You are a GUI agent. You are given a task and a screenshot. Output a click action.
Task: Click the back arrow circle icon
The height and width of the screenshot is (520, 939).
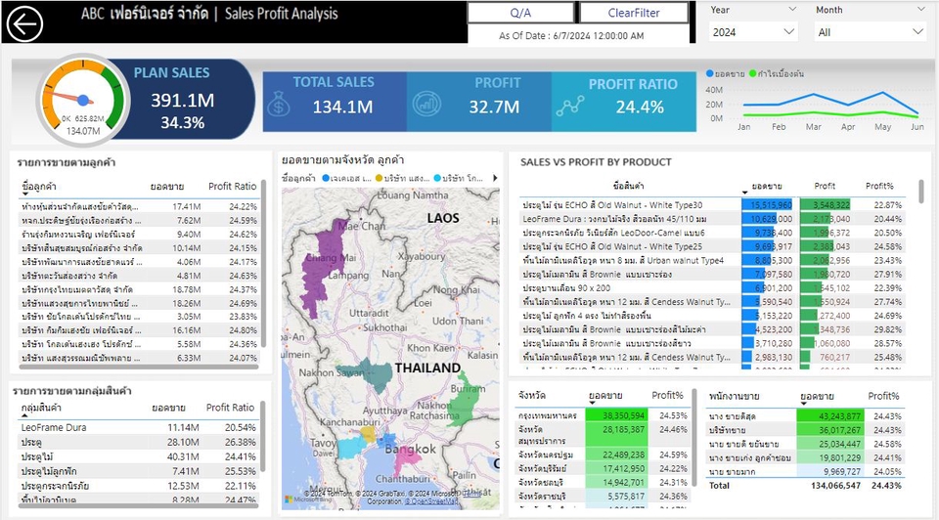click(x=24, y=23)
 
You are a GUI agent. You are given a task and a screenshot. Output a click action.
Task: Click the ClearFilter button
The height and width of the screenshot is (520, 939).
click(x=634, y=13)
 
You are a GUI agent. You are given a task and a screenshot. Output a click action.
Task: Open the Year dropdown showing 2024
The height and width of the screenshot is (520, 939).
click(x=753, y=32)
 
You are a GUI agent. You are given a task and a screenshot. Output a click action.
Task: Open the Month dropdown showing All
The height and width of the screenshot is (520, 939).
click(x=870, y=32)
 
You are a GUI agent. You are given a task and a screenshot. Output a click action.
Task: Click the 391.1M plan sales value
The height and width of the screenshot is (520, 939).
click(x=182, y=101)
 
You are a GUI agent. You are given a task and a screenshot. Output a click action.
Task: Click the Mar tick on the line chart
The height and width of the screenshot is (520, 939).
click(x=814, y=127)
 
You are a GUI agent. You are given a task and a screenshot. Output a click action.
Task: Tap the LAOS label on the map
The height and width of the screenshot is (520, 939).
click(x=449, y=217)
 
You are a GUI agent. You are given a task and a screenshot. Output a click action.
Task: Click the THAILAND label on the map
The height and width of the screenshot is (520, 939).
click(x=427, y=368)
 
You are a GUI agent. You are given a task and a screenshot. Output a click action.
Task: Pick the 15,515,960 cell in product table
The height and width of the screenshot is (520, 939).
click(x=768, y=205)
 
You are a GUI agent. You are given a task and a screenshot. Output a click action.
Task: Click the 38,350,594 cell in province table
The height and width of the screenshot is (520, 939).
click(x=616, y=415)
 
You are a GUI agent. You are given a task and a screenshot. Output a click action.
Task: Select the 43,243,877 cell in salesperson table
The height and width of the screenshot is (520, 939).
click(x=829, y=415)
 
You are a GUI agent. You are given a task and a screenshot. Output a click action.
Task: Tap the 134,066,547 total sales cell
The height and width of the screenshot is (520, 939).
click(x=829, y=485)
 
